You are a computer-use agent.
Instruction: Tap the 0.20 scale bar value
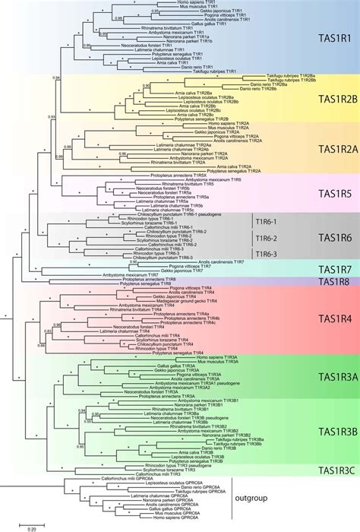[x=25, y=527]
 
